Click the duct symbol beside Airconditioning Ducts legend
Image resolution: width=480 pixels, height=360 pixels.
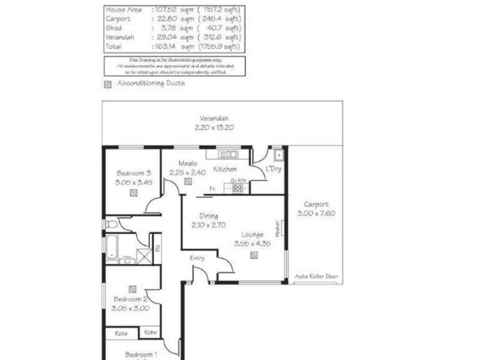click(x=108, y=84)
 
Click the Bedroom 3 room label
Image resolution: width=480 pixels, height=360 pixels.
click(x=133, y=173)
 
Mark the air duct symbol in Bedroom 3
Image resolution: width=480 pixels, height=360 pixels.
click(x=133, y=193)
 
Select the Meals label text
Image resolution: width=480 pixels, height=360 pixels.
click(x=188, y=163)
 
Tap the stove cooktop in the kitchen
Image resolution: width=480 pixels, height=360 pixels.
click(x=238, y=188)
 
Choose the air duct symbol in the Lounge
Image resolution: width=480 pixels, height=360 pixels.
click(x=254, y=255)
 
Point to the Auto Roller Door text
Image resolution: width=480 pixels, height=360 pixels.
click(x=316, y=277)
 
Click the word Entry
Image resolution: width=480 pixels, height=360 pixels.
click(x=197, y=258)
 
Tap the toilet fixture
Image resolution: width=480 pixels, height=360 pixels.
click(x=111, y=224)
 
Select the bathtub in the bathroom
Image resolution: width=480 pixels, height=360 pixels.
click(x=113, y=246)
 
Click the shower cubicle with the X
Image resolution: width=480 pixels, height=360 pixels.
click(x=145, y=256)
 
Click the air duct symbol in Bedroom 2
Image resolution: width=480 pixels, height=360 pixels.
click(x=132, y=289)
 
